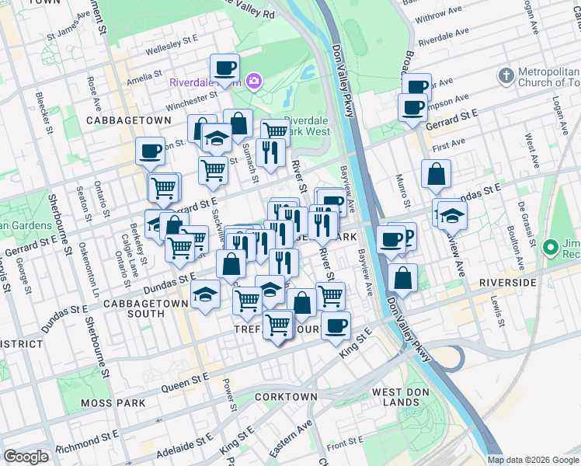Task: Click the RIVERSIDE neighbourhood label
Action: tap(508, 283)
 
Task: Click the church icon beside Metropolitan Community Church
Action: tap(506, 75)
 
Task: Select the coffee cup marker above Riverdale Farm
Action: tap(224, 68)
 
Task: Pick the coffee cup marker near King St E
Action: tap(336, 325)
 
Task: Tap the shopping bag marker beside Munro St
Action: tap(437, 175)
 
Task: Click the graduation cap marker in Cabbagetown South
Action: tap(205, 294)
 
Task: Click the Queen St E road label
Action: tap(185, 381)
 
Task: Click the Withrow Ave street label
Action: tap(441, 16)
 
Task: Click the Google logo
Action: tap(26, 457)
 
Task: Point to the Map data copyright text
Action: tap(532, 460)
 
